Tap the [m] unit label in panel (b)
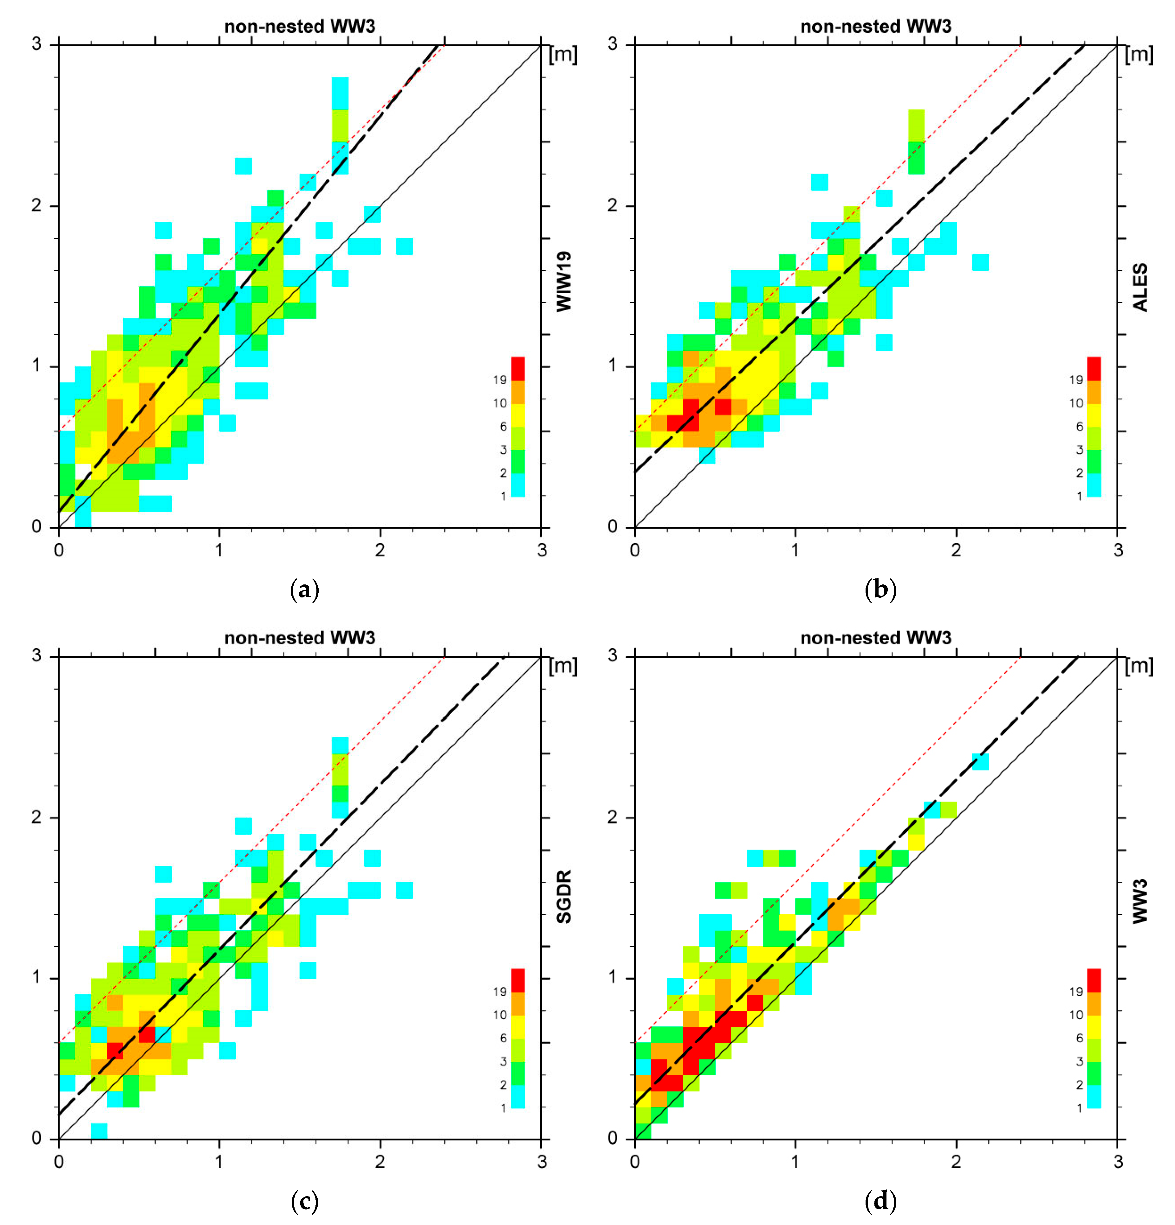click(x=1139, y=55)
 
